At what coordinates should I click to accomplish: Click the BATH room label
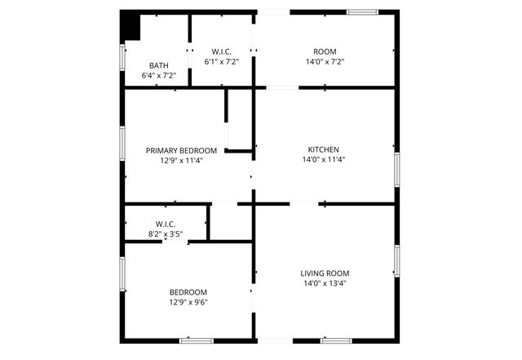158,65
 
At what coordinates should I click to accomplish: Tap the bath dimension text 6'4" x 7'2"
158,75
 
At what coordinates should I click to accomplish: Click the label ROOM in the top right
325,51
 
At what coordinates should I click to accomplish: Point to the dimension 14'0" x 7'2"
325,61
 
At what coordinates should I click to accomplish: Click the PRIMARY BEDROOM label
181,150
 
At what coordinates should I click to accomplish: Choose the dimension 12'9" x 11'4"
181,161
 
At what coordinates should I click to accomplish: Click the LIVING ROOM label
325,273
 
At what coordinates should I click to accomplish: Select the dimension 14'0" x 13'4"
325,284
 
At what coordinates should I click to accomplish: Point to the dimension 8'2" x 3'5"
166,234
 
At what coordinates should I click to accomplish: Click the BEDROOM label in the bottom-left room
188,292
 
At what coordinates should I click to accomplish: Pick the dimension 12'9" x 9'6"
188,303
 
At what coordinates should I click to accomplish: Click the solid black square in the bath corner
130,24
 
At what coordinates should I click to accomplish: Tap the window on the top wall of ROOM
362,11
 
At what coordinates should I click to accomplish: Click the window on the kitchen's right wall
397,167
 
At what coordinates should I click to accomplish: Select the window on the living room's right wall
397,261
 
